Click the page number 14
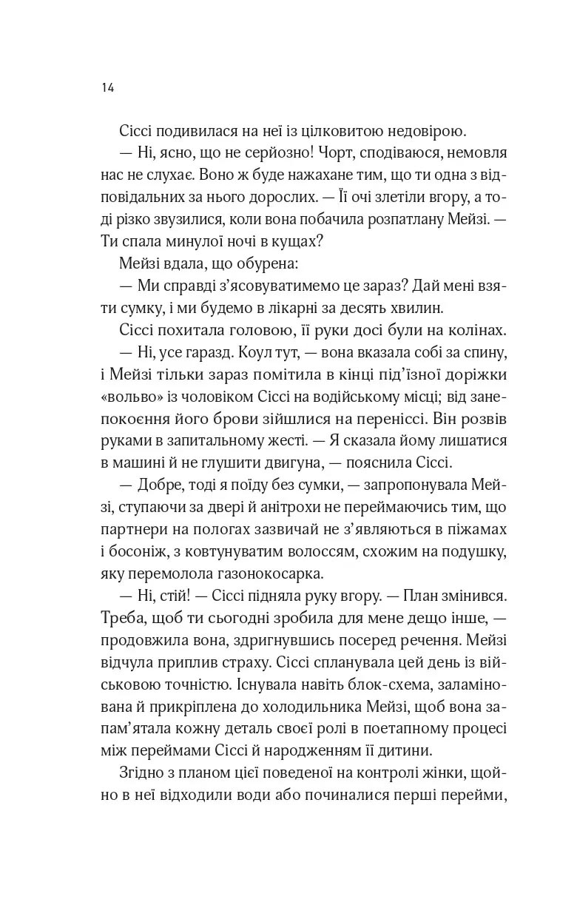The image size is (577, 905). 107,87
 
